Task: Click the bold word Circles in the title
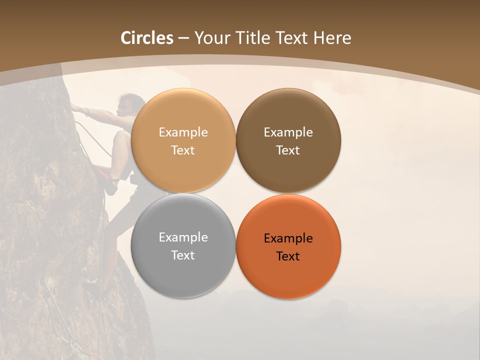147,38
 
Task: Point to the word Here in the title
332,38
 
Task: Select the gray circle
183,270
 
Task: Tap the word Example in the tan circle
183,132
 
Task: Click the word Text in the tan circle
183,150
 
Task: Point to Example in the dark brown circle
288,132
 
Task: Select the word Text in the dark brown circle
288,150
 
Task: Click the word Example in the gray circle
183,237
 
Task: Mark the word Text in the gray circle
183,255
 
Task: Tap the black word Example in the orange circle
288,238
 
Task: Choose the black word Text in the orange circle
288,256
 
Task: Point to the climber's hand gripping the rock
75,106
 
